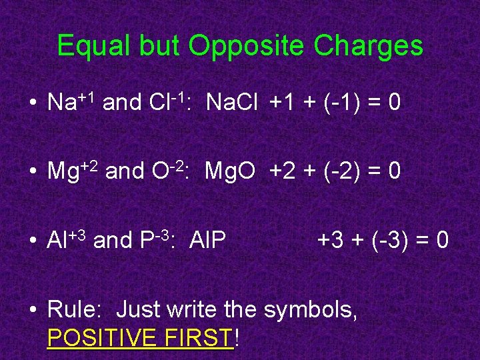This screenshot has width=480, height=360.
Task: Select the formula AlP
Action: click(207, 240)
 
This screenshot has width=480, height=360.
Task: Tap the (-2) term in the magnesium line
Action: click(331, 171)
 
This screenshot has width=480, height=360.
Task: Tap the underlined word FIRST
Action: click(202, 339)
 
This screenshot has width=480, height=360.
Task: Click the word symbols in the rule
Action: click(311, 311)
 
